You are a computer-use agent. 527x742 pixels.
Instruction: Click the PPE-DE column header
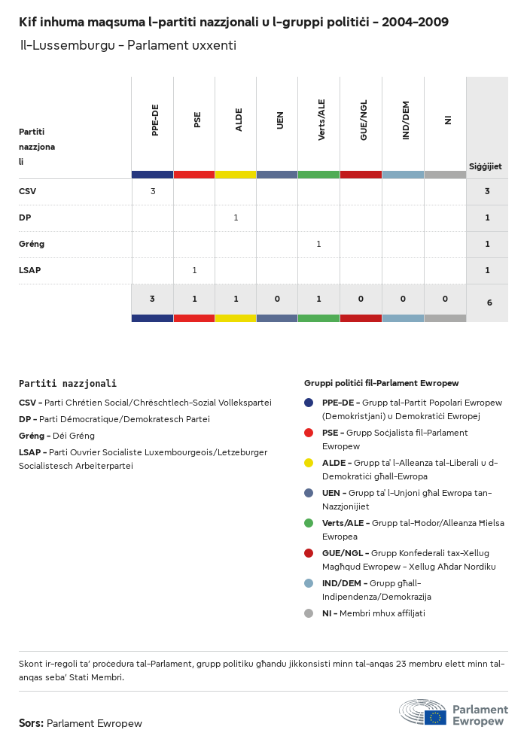(x=155, y=120)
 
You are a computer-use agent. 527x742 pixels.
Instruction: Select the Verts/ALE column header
(x=321, y=120)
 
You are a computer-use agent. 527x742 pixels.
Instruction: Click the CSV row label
(x=27, y=191)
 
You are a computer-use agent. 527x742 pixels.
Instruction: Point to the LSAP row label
(x=29, y=270)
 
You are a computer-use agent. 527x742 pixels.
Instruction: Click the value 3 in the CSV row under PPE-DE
(x=153, y=191)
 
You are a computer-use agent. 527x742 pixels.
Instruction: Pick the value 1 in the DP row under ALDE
(x=236, y=217)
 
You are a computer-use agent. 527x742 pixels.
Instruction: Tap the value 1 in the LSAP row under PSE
(x=194, y=270)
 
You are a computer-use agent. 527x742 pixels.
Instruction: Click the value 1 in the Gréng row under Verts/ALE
(x=318, y=244)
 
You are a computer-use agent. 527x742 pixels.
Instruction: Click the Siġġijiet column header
(x=486, y=166)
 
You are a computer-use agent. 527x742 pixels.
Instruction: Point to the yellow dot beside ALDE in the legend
(x=309, y=463)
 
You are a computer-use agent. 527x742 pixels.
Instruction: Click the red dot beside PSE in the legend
(x=309, y=433)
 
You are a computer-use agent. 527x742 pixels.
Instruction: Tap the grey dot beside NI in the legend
(x=309, y=613)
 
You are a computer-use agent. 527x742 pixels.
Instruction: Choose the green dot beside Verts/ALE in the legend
(x=309, y=523)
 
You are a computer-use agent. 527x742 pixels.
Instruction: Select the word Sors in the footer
(x=31, y=723)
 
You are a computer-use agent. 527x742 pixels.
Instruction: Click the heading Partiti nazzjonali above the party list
(x=68, y=384)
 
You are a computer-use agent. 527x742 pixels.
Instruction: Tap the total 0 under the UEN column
(x=277, y=299)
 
